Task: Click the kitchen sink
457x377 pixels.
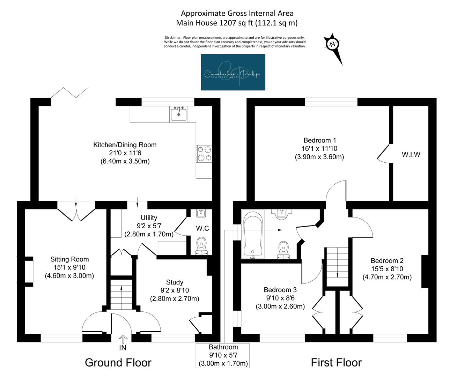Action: pyautogui.click(x=179, y=114)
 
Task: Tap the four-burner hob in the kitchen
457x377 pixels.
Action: pyautogui.click(x=204, y=154)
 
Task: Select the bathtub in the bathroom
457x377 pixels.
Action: pyautogui.click(x=253, y=234)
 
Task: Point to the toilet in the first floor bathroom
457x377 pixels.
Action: pyautogui.click(x=283, y=250)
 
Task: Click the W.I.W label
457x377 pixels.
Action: pyautogui.click(x=411, y=155)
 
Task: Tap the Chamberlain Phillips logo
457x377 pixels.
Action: pyautogui.click(x=233, y=72)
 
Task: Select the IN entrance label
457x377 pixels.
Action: pyautogui.click(x=123, y=347)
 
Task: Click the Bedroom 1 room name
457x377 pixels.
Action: pyautogui.click(x=319, y=140)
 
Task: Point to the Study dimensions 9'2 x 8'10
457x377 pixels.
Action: pyautogui.click(x=175, y=290)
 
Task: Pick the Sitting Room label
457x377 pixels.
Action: pyautogui.click(x=69, y=259)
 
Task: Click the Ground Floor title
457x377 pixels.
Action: pyautogui.click(x=118, y=363)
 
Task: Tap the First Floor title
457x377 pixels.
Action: pyautogui.click(x=336, y=363)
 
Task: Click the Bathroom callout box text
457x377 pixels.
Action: pyautogui.click(x=223, y=355)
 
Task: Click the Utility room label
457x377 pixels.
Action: pyautogui.click(x=149, y=218)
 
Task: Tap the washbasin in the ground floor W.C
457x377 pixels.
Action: pyautogui.click(x=201, y=213)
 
